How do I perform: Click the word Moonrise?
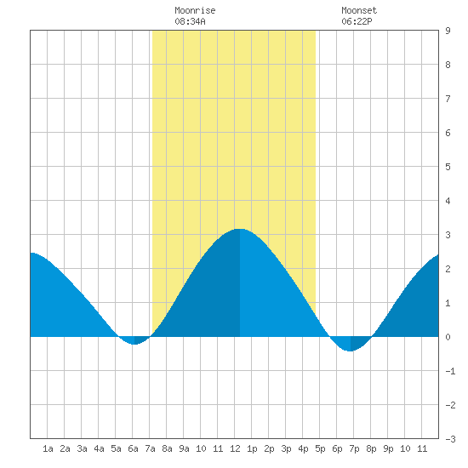pyautogui.click(x=195, y=10)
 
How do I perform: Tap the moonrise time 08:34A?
pyautogui.click(x=190, y=21)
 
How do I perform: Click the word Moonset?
pyautogui.click(x=359, y=10)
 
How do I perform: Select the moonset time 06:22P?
pyautogui.click(x=357, y=21)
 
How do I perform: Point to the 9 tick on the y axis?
pyautogui.click(x=448, y=31)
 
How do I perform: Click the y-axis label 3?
pyautogui.click(x=448, y=235)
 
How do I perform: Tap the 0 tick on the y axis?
pyautogui.click(x=448, y=337)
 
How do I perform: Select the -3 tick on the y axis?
pyautogui.click(x=450, y=439)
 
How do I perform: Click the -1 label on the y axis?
pyautogui.click(x=450, y=371)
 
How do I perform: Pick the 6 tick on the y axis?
pyautogui.click(x=448, y=133)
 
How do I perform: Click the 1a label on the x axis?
pyautogui.click(x=48, y=448)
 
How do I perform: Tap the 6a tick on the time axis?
pyautogui.click(x=133, y=448)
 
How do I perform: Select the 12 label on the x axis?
pyautogui.click(x=235, y=448)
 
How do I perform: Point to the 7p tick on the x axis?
pyautogui.click(x=354, y=448)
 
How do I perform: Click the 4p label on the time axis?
pyautogui.click(x=303, y=448)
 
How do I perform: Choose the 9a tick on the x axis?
pyautogui.click(x=184, y=448)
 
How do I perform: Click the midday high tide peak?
pyautogui.click(x=240, y=229)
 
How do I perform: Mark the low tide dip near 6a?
pyautogui.click(x=134, y=344)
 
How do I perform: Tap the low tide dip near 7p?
pyautogui.click(x=351, y=351)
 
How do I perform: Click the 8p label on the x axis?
pyautogui.click(x=371, y=448)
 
